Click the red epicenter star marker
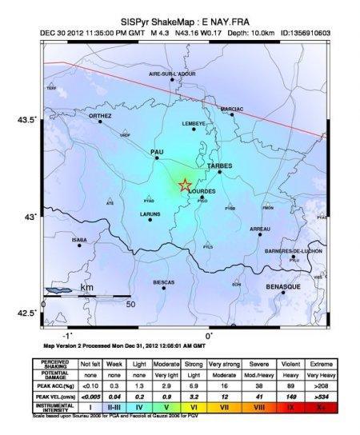click(x=184, y=186)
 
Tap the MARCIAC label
click(x=232, y=108)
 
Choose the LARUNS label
click(x=150, y=214)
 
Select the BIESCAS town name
click(x=163, y=282)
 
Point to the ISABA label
click(x=79, y=239)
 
